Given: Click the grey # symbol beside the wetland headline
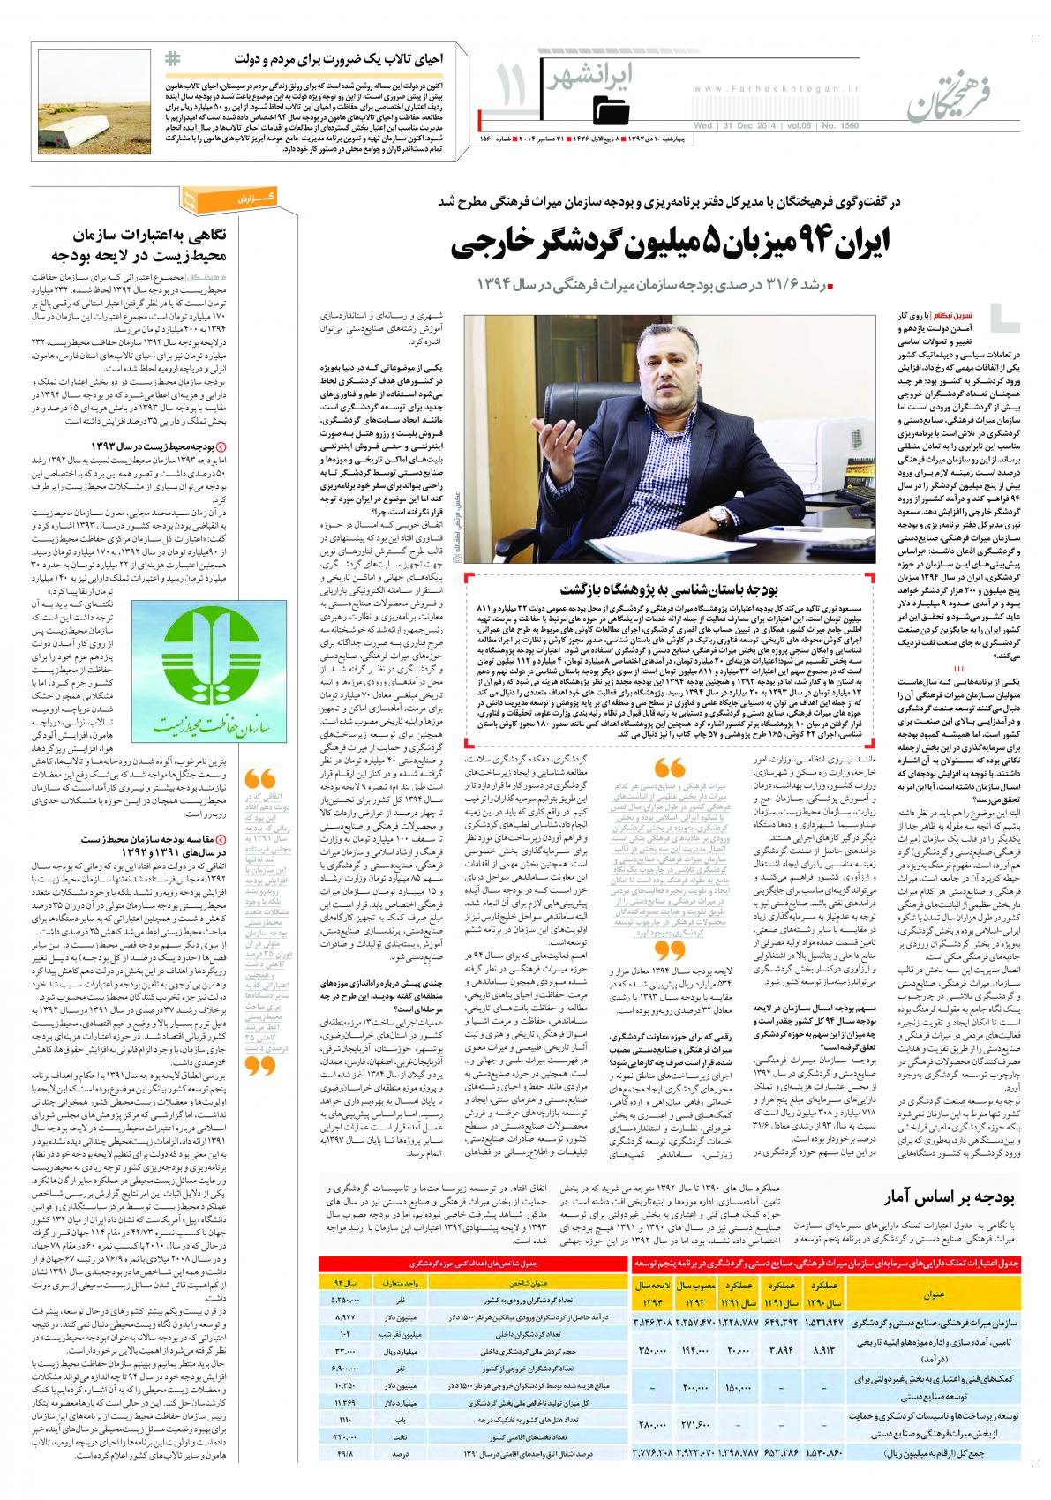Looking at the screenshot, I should [172, 59].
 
